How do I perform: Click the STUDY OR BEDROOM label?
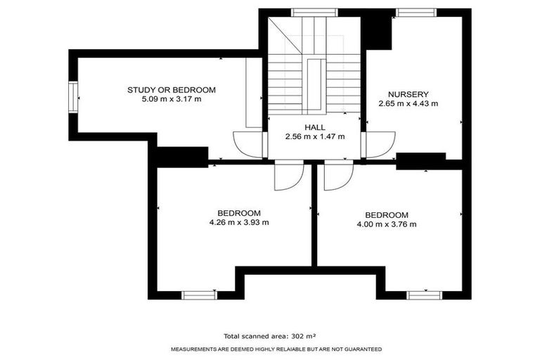point(171,90)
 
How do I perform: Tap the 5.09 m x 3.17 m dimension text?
point(171,100)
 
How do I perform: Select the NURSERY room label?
point(408,94)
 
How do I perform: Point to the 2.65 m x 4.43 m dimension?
point(408,103)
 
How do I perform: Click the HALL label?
point(314,127)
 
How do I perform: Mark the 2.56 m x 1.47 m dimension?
point(314,136)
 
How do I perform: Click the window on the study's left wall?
point(72,96)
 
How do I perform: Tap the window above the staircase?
point(314,11)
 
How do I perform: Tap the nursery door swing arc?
point(374,146)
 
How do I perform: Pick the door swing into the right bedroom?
point(336,176)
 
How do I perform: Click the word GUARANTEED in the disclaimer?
point(359,349)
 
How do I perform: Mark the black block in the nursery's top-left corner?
point(376,30)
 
